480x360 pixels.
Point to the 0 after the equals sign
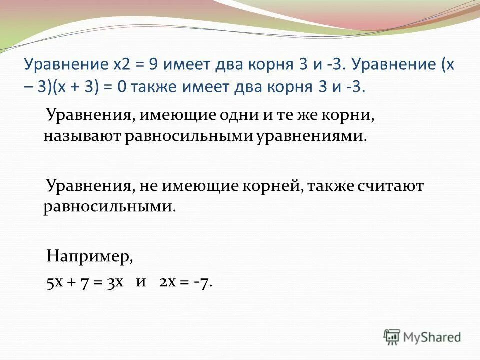[122, 86]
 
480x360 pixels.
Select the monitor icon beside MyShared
[392, 337]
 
